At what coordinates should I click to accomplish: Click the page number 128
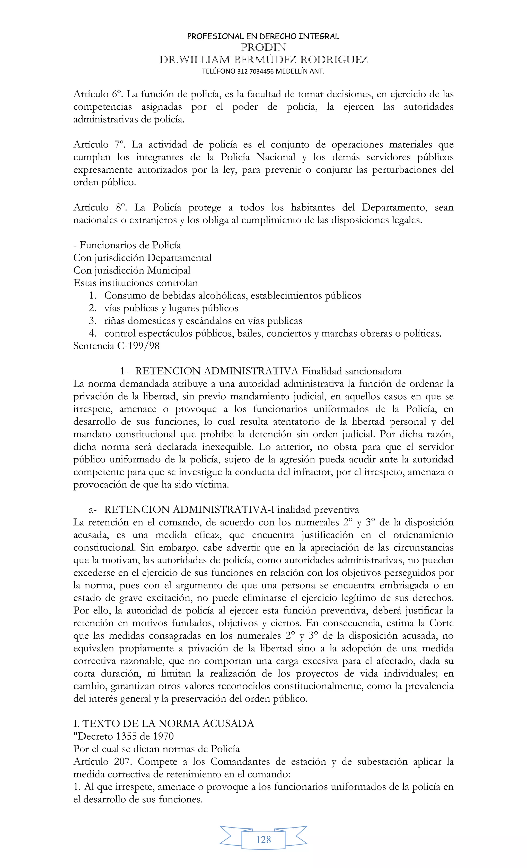(263, 840)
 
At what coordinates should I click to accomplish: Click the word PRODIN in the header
(263, 47)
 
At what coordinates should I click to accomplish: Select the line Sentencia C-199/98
(116, 346)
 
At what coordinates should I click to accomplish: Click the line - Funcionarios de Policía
(127, 245)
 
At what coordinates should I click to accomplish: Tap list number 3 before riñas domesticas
(93, 321)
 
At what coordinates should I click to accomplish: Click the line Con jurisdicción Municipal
(132, 270)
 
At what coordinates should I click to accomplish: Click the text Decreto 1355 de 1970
(124, 736)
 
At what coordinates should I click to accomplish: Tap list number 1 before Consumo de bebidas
(93, 296)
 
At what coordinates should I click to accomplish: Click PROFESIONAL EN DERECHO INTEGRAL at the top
(263, 36)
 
